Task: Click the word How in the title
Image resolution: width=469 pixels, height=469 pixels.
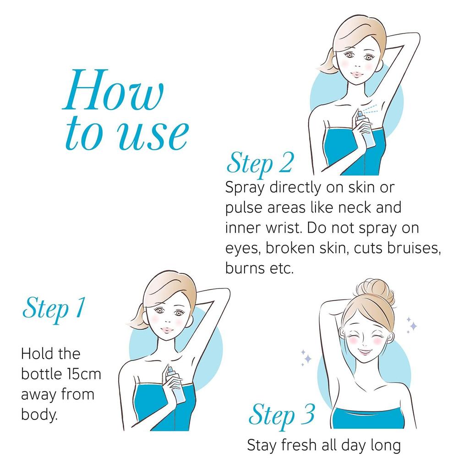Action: coord(113,90)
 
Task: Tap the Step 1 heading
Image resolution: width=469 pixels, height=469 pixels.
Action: coord(54,309)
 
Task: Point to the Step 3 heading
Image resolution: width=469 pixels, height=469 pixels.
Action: coord(282,415)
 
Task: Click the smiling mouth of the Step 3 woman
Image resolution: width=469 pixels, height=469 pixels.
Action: coord(365,352)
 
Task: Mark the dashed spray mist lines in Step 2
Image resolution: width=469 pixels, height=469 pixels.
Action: coord(372,109)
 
